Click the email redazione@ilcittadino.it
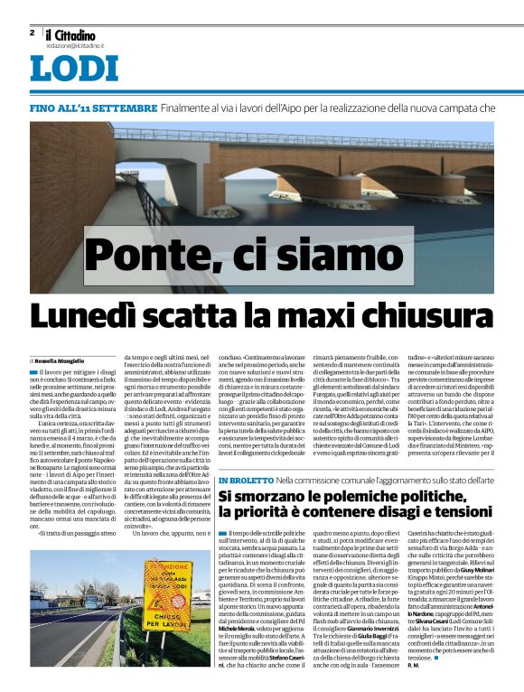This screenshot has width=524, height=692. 77,44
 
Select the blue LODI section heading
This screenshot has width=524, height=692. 73,70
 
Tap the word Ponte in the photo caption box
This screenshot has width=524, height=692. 154,257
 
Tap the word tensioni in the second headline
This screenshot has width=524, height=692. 455,514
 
